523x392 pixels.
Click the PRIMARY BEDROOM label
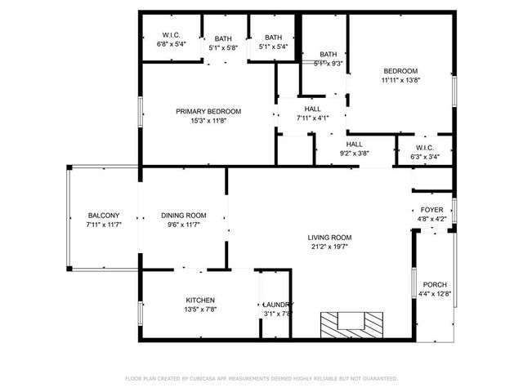click(x=208, y=111)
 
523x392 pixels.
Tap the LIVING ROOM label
click(x=331, y=238)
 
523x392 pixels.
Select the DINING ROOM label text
click(x=183, y=216)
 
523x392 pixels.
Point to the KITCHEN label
click(x=200, y=301)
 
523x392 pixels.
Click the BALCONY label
click(x=104, y=216)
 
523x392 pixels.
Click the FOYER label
click(x=431, y=210)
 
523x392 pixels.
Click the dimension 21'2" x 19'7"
click(x=331, y=247)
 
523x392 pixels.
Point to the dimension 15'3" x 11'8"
click(x=208, y=120)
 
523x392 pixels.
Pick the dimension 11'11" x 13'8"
click(x=400, y=80)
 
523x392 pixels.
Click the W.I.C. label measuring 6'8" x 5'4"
click(x=171, y=35)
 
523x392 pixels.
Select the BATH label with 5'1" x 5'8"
click(x=222, y=38)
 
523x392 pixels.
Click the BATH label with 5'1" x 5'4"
click(x=273, y=38)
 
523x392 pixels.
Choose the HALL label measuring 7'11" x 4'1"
click(x=312, y=109)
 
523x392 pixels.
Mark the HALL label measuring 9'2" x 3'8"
click(x=355, y=144)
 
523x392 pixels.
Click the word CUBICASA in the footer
click(x=208, y=379)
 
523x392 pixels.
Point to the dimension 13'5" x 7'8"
click(x=200, y=310)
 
